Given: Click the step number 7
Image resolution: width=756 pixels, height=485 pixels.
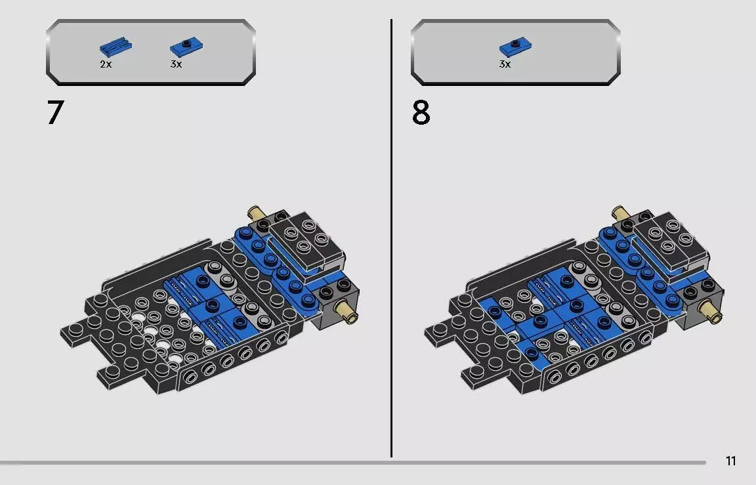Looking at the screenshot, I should click(x=55, y=113).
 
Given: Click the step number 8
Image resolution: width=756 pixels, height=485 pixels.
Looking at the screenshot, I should click(x=421, y=113).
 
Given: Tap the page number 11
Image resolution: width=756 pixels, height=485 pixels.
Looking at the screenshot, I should click(x=730, y=461).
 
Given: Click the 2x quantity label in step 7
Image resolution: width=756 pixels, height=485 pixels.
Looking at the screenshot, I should click(x=106, y=64).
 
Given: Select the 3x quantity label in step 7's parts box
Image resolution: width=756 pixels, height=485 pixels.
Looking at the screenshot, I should click(x=176, y=64).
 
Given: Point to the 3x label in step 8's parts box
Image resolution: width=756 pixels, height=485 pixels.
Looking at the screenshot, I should click(x=505, y=64).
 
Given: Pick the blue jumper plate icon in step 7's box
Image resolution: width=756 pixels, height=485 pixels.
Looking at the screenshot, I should click(x=186, y=47).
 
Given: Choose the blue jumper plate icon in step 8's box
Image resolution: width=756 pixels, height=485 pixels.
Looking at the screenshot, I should click(x=515, y=47).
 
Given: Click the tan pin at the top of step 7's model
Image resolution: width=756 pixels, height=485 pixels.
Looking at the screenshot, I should click(x=255, y=213).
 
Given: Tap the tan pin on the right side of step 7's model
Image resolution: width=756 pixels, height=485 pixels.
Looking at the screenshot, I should click(x=346, y=310).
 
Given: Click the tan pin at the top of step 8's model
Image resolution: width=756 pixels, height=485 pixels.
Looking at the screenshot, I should click(x=620, y=213).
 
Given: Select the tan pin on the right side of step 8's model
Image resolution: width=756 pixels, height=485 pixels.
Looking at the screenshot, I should click(x=711, y=310).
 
